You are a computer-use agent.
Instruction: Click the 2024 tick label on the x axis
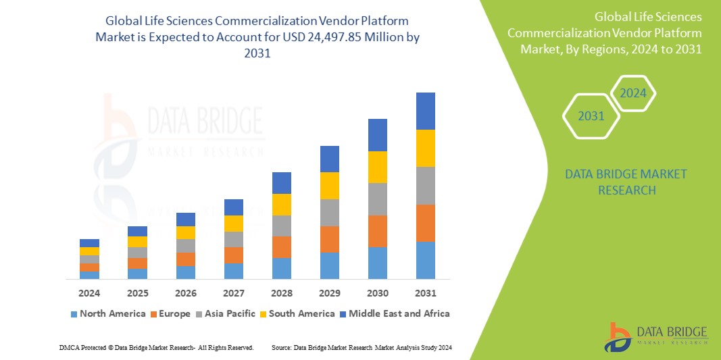(x=89, y=293)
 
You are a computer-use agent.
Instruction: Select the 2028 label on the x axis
(x=282, y=293)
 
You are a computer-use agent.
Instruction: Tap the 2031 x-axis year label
(x=425, y=293)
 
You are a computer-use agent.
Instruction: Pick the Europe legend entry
(x=171, y=313)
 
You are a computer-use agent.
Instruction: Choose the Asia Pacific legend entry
(x=226, y=313)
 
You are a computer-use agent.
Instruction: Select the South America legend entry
(x=297, y=313)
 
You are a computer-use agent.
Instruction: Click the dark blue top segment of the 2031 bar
(x=425, y=111)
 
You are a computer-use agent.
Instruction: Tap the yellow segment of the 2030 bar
(x=377, y=167)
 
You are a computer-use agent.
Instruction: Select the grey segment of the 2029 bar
(x=329, y=212)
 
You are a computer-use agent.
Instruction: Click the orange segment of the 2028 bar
(x=282, y=247)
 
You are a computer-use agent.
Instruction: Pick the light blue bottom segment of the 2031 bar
(x=425, y=260)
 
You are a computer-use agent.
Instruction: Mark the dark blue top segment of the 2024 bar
(x=89, y=242)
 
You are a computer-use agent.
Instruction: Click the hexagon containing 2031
(x=591, y=116)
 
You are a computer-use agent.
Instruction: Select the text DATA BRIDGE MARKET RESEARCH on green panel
(x=616, y=182)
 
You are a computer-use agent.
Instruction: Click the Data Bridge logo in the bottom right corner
(x=655, y=336)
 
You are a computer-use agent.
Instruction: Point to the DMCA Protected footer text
(x=156, y=347)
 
